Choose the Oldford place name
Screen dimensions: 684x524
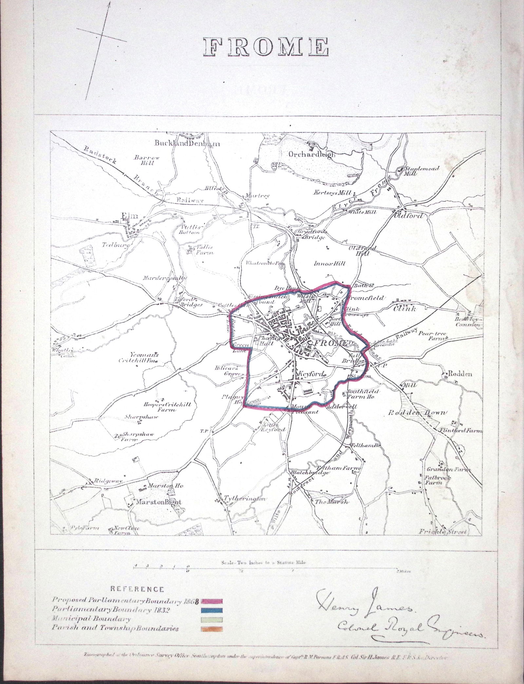click(x=409, y=216)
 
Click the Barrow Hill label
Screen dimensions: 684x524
click(x=146, y=160)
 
